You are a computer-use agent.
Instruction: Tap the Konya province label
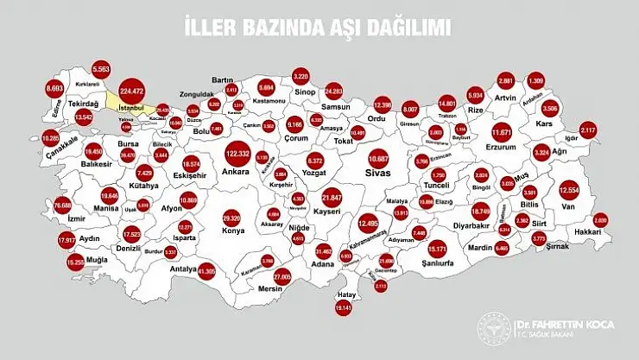(x=232, y=231)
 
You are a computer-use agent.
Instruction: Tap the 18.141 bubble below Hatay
(x=345, y=307)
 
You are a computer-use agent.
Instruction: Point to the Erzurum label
(x=503, y=148)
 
